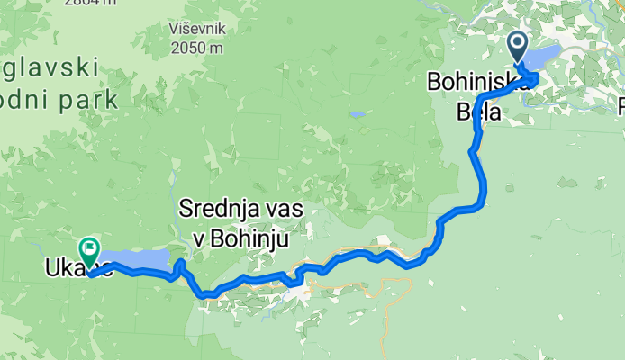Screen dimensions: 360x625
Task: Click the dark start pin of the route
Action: pos(518,46)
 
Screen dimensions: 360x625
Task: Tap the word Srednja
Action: pos(215,209)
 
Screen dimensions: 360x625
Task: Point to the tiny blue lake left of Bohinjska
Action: pos(358,115)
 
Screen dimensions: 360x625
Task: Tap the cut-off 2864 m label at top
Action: pos(98,4)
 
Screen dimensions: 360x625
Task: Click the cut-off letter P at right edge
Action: pos(620,107)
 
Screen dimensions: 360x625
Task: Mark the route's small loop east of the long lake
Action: pos(180,267)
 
